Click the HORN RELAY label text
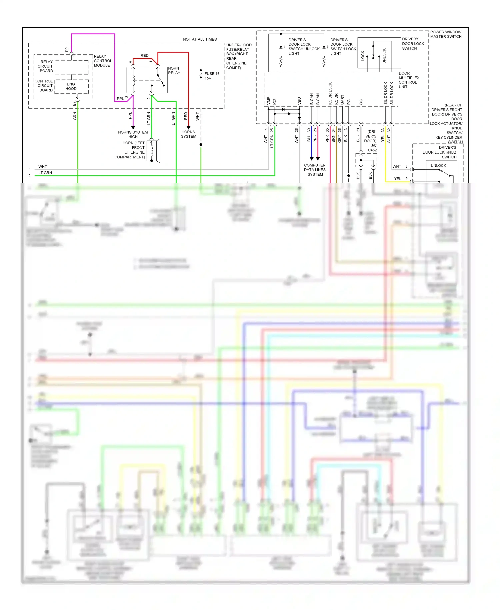click(174, 70)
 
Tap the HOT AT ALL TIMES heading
click(200, 39)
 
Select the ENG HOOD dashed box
click(71, 86)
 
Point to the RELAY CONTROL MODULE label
click(103, 61)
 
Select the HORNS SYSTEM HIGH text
click(133, 134)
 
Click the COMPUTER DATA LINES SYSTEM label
click(315, 170)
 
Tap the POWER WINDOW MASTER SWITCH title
click(446, 34)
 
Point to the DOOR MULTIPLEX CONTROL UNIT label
click(409, 80)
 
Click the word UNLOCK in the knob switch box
click(438, 166)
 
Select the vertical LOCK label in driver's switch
click(363, 56)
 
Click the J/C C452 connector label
click(373, 148)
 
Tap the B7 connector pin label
click(74, 104)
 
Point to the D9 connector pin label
click(67, 50)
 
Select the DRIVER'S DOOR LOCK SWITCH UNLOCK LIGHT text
click(303, 46)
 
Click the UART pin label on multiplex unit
click(342, 100)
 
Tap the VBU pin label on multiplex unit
click(299, 101)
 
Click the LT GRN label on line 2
click(45, 173)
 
